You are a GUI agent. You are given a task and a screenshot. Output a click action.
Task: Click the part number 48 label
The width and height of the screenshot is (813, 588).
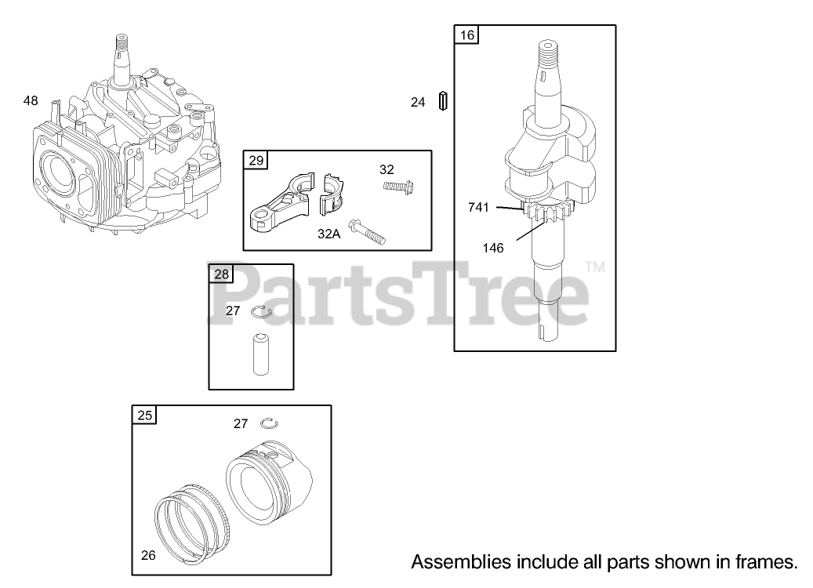click(x=31, y=100)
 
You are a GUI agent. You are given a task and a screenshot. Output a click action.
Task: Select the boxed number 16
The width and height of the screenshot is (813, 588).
click(x=467, y=35)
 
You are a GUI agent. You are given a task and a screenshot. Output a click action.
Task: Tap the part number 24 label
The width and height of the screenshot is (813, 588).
click(x=418, y=102)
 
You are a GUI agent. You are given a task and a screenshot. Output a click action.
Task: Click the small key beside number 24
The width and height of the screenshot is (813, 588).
click(x=444, y=101)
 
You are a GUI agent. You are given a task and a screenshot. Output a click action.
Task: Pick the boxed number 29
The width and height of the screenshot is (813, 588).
click(x=256, y=161)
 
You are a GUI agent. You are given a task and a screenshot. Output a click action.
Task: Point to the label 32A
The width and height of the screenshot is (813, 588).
click(x=329, y=234)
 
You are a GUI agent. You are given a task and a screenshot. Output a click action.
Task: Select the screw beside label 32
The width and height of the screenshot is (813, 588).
click(x=398, y=187)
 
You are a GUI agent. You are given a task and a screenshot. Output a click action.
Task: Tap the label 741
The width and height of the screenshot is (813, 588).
click(x=478, y=207)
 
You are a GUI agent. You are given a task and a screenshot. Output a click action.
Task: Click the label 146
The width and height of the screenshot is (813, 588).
click(x=493, y=248)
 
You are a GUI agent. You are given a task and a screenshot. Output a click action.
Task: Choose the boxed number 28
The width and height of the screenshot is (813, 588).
click(x=222, y=274)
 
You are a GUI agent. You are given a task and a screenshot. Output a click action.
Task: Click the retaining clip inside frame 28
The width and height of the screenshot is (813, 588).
click(x=261, y=312)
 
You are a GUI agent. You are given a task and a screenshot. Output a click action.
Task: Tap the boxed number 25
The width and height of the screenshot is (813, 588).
click(x=145, y=416)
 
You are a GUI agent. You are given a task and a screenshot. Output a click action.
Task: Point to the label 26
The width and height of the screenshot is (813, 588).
click(x=148, y=555)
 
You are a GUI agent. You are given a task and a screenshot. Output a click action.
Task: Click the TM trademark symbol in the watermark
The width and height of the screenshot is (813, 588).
click(x=596, y=267)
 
